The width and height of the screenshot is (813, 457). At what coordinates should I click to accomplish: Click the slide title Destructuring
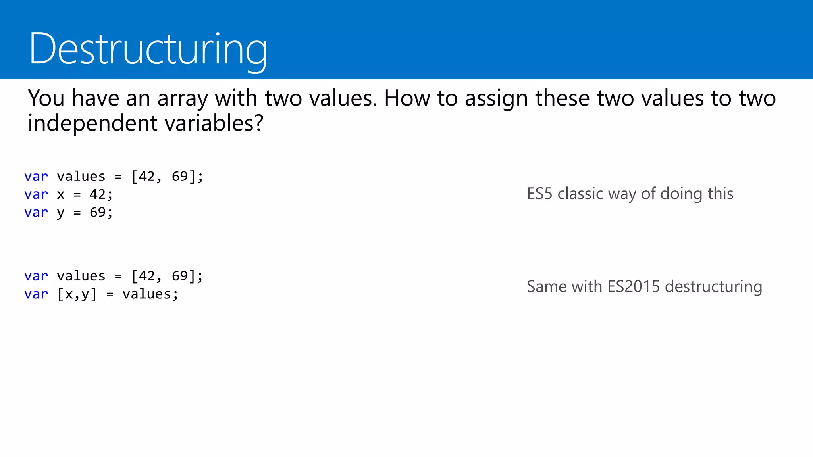click(x=148, y=49)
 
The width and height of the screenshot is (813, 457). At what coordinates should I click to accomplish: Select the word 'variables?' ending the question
click(x=214, y=123)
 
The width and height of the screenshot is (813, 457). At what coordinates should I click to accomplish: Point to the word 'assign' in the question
click(x=496, y=98)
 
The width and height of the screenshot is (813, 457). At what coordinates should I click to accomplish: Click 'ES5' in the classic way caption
click(x=539, y=194)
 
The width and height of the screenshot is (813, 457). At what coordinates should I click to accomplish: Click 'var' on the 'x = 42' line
click(x=36, y=194)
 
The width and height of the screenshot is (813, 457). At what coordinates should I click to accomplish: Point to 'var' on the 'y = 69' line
click(x=36, y=213)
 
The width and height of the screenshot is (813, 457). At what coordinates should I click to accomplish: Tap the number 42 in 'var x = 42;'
click(x=98, y=194)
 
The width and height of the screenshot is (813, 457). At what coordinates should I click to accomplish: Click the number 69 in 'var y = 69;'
click(x=98, y=213)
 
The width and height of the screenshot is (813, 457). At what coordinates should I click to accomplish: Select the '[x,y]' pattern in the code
click(x=77, y=294)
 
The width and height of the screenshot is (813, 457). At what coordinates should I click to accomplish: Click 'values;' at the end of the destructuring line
click(x=150, y=294)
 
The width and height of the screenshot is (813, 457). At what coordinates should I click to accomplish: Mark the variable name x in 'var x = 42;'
click(x=60, y=195)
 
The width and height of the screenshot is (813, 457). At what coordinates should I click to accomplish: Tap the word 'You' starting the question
click(x=46, y=98)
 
